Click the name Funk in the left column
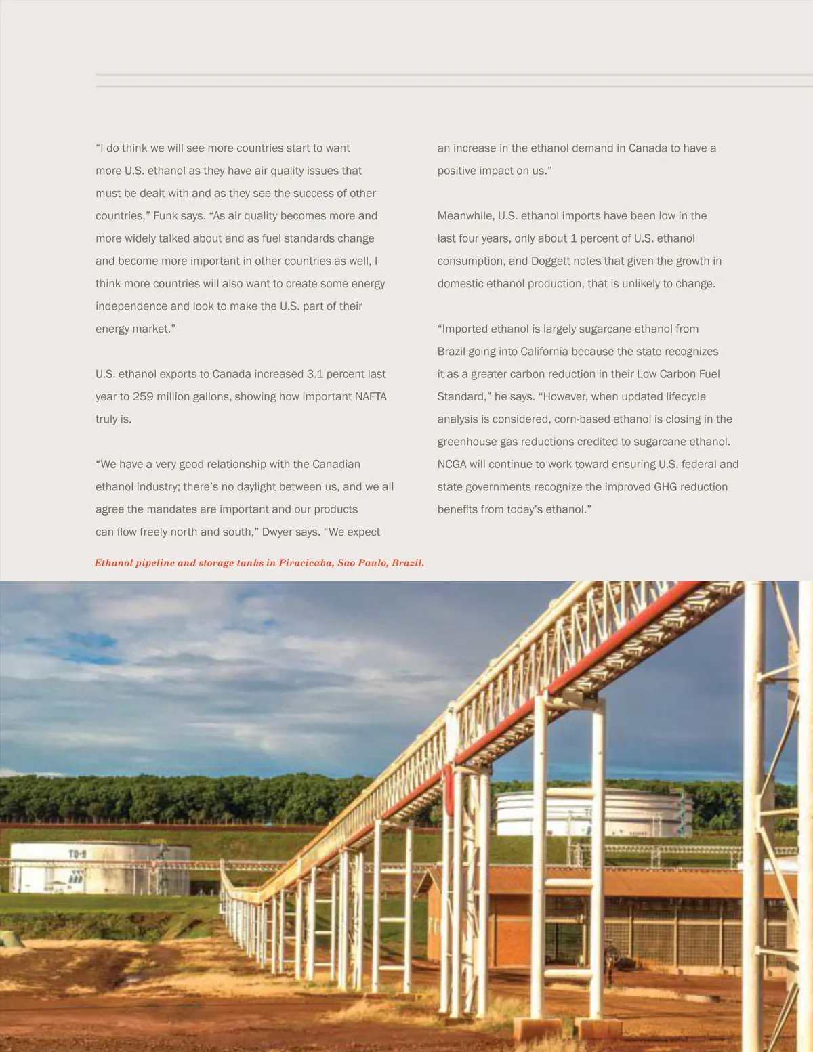coord(165,216)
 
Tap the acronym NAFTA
coord(371,397)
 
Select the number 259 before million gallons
coord(143,397)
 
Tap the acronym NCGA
coord(452,465)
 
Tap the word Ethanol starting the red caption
coord(112,563)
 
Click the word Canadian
coord(336,465)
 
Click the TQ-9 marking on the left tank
coord(77,854)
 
